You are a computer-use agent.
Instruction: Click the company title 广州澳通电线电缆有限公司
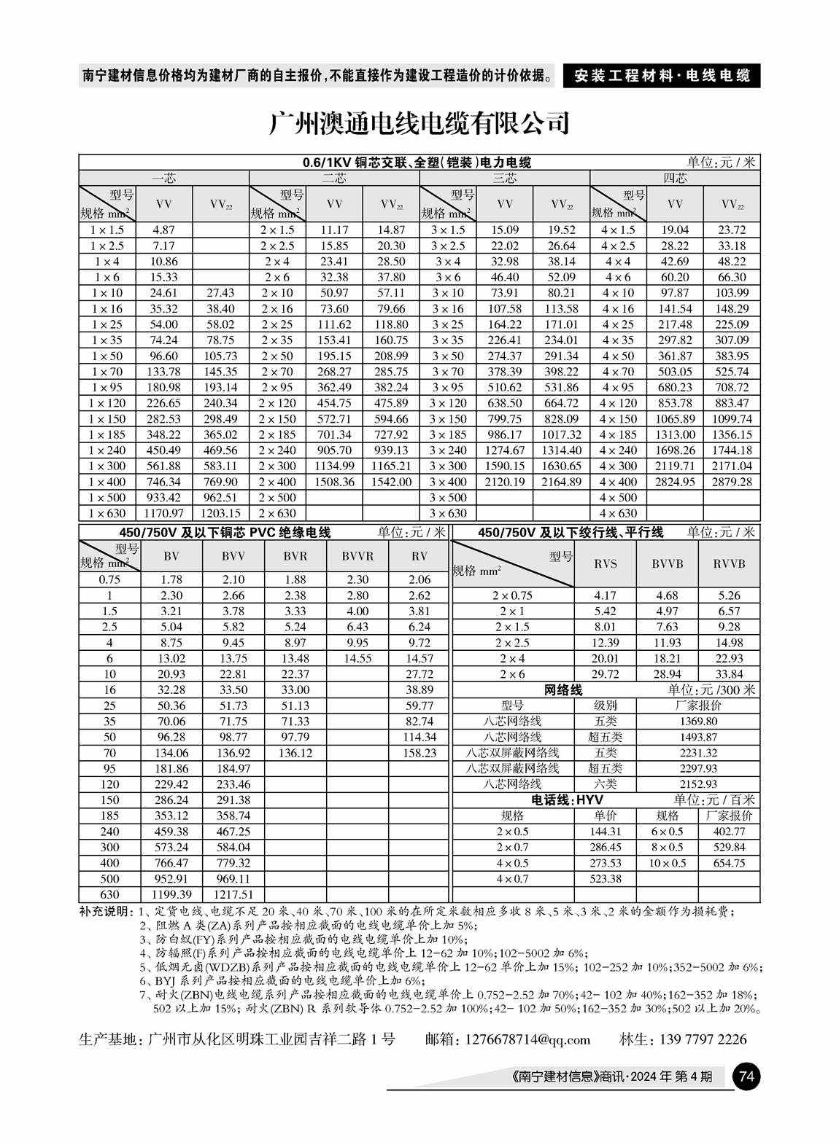(419, 122)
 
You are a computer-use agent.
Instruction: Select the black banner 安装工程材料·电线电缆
(662, 75)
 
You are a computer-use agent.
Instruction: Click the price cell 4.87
(164, 230)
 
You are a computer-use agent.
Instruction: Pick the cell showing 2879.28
(731, 482)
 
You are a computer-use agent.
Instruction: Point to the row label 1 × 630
(107, 513)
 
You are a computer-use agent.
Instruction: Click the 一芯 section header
(163, 178)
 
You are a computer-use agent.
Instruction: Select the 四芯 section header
(674, 178)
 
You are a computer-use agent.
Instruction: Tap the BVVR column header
(357, 556)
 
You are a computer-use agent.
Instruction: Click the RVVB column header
(728, 563)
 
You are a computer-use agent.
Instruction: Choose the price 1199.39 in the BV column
(171, 894)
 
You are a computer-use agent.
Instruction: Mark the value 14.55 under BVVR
(357, 658)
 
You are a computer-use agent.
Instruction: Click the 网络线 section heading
(563, 689)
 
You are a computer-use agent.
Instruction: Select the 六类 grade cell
(605, 784)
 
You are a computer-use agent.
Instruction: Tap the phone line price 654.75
(729, 863)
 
